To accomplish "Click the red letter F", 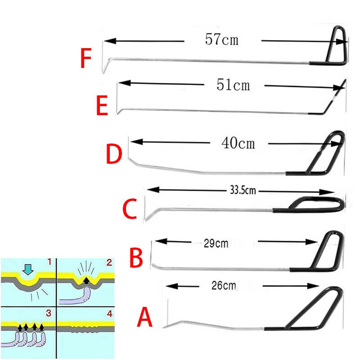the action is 86,59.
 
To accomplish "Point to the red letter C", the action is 130,209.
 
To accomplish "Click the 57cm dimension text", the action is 221,40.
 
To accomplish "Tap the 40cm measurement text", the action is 238,143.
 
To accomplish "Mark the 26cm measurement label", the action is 224,286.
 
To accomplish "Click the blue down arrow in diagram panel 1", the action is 28,270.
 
